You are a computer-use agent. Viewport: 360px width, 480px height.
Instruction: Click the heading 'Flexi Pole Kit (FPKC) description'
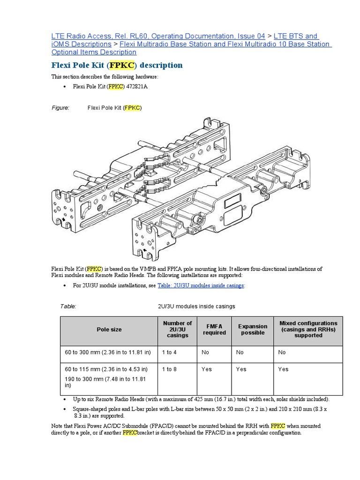click(x=117, y=65)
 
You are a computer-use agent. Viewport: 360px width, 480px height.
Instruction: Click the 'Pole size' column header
click(x=109, y=330)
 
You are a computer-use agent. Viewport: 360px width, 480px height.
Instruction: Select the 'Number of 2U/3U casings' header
click(x=177, y=329)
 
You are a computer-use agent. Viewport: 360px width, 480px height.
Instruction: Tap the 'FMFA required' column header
click(x=214, y=329)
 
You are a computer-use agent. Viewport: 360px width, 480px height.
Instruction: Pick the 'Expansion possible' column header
click(x=253, y=329)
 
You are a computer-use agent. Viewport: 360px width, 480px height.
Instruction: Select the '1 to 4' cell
click(x=169, y=352)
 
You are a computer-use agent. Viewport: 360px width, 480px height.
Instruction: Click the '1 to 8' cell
click(x=169, y=369)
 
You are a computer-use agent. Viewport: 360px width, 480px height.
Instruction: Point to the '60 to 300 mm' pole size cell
click(x=108, y=352)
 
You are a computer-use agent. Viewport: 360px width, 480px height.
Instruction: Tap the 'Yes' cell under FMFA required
click(x=207, y=369)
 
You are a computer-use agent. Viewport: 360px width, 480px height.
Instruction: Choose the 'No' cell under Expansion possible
click(x=240, y=352)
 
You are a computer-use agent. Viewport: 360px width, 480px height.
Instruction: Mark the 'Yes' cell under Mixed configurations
click(x=283, y=369)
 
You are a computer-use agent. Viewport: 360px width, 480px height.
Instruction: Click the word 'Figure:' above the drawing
click(x=60, y=108)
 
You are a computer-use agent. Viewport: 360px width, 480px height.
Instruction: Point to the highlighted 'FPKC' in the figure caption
click(x=132, y=108)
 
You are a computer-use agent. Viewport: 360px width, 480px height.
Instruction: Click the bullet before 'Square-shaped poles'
click(x=64, y=409)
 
